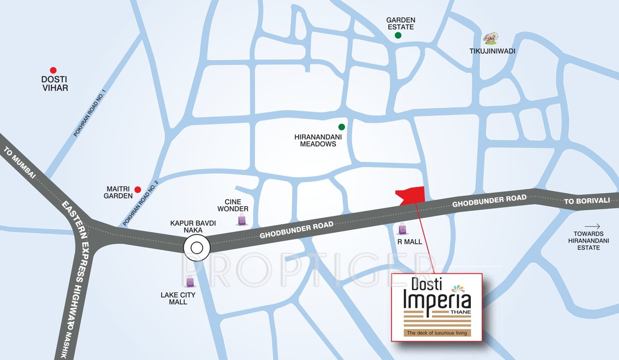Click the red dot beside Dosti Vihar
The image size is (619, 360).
[53, 69]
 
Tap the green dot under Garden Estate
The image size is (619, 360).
[398, 35]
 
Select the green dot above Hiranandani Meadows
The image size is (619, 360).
[342, 127]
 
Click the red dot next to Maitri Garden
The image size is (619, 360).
[138, 189]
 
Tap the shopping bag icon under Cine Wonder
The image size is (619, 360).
[242, 219]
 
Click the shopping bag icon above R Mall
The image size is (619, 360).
[402, 229]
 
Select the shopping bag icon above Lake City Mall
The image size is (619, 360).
[190, 281]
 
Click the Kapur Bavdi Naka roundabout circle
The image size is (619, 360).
[196, 248]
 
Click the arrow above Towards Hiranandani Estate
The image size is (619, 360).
[592, 225]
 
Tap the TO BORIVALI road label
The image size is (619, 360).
[587, 201]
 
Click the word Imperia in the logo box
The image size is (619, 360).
[437, 300]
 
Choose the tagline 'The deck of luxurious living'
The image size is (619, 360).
[437, 333]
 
